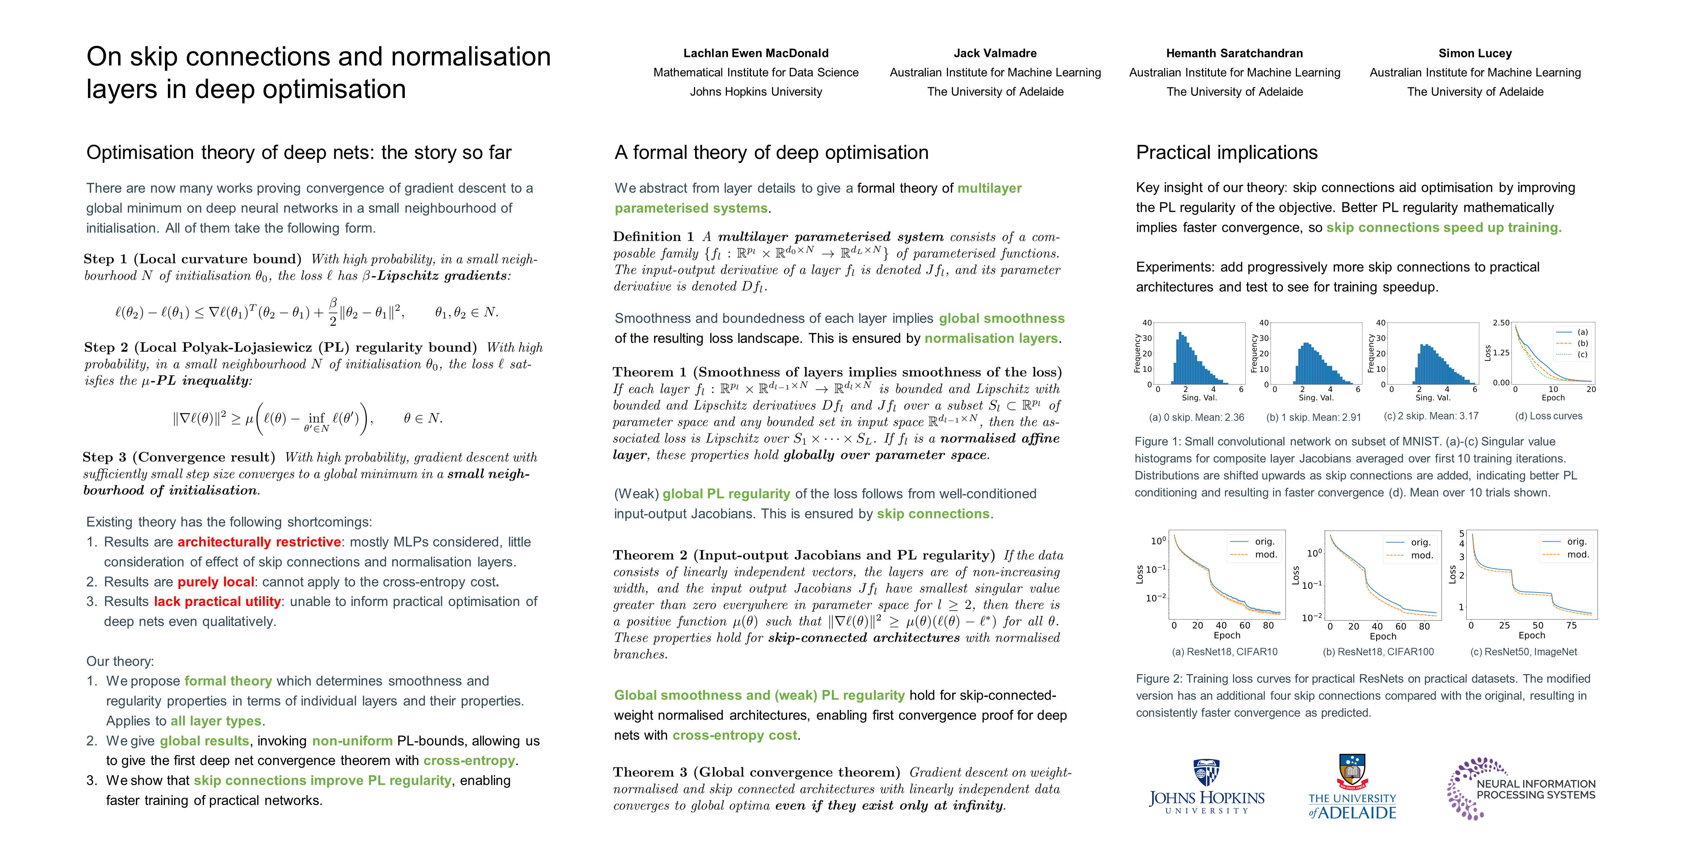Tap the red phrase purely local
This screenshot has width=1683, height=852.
coord(216,582)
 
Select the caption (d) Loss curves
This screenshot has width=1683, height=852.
coord(1548,416)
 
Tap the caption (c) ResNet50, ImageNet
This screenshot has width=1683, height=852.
coord(1523,652)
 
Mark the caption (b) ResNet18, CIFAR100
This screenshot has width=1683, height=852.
coord(1378,652)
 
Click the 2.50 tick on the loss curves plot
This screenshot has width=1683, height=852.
coord(1501,323)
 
